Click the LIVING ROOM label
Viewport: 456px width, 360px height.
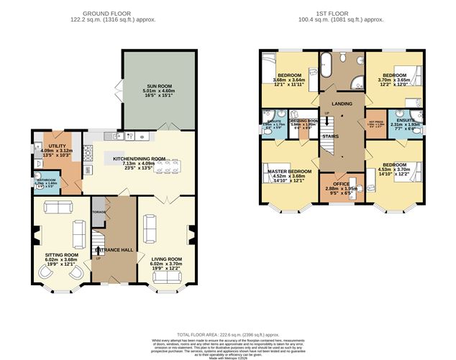point(165,259)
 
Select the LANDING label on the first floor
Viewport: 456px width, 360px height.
point(342,103)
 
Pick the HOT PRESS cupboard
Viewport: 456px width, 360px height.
point(375,125)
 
